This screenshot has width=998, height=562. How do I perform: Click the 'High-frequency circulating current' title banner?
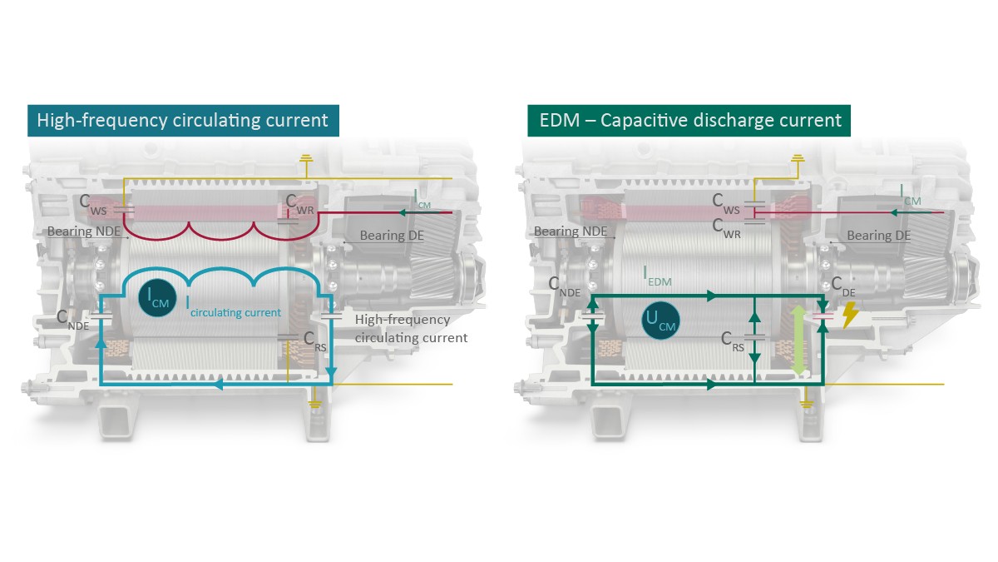click(183, 120)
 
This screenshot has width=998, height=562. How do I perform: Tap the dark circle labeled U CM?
click(662, 320)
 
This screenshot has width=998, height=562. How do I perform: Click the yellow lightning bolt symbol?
click(851, 315)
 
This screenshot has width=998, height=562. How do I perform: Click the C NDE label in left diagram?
click(72, 319)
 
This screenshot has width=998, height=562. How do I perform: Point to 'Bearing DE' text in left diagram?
click(392, 236)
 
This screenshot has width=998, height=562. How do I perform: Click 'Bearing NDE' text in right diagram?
click(569, 231)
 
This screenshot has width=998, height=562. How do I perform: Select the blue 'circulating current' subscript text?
click(235, 313)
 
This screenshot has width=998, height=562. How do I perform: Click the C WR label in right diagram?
click(728, 226)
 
